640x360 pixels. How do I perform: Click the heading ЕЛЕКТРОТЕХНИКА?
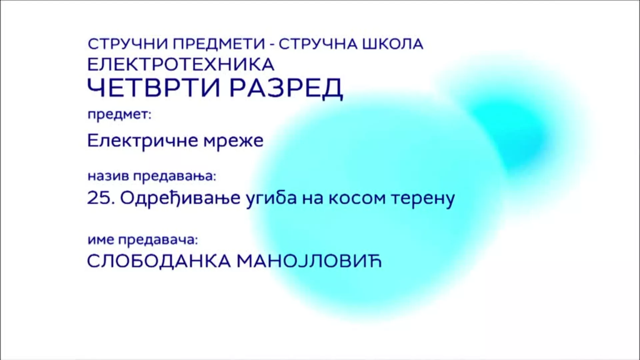pyautogui.click(x=181, y=64)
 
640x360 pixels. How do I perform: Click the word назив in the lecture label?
pyautogui.click(x=108, y=176)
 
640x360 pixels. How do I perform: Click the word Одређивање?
pyautogui.click(x=180, y=199)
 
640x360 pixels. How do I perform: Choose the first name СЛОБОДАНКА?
pyautogui.click(x=159, y=262)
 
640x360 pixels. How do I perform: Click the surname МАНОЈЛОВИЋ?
pyautogui.click(x=309, y=261)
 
